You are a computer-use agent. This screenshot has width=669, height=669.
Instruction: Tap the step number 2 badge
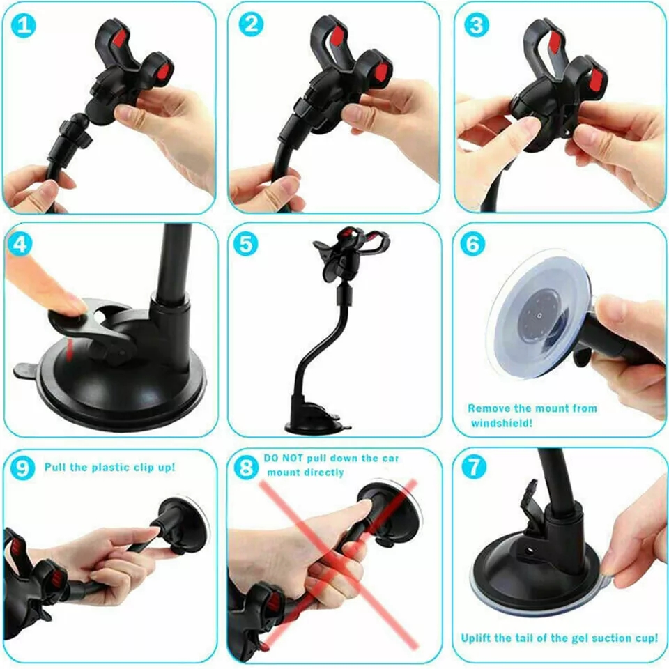pyautogui.click(x=251, y=24)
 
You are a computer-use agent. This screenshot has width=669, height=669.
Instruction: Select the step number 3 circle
pyautogui.click(x=476, y=25)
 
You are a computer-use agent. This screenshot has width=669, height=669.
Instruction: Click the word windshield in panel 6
pyautogui.click(x=501, y=423)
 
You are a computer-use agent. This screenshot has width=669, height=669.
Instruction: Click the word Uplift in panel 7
pyautogui.click(x=477, y=638)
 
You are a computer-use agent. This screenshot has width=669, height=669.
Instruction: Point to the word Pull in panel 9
pyautogui.click(x=55, y=467)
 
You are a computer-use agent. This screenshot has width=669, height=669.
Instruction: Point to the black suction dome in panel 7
pyautogui.click(x=530, y=568)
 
